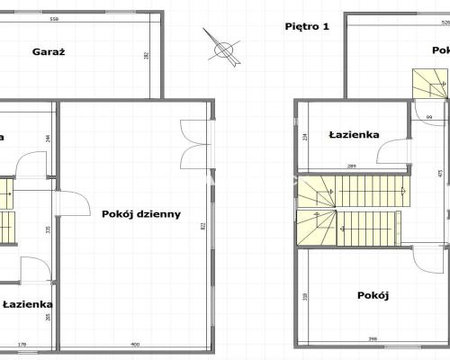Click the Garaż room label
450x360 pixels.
click(x=49, y=51)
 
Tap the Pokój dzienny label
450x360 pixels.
click(x=141, y=214)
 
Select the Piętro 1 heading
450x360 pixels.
click(x=306, y=26)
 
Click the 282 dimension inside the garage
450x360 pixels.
click(x=148, y=55)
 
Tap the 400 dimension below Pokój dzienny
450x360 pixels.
click(x=134, y=345)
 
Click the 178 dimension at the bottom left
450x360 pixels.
click(x=22, y=345)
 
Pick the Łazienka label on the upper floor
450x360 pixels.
click(x=355, y=135)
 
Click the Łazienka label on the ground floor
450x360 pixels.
click(x=27, y=305)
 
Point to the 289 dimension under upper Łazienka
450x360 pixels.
click(x=352, y=167)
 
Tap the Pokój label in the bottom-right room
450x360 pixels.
click(x=372, y=295)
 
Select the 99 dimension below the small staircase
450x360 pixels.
click(x=428, y=118)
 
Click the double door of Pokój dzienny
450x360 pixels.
click(x=193, y=144)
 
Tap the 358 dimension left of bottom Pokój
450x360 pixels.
click(x=306, y=296)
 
